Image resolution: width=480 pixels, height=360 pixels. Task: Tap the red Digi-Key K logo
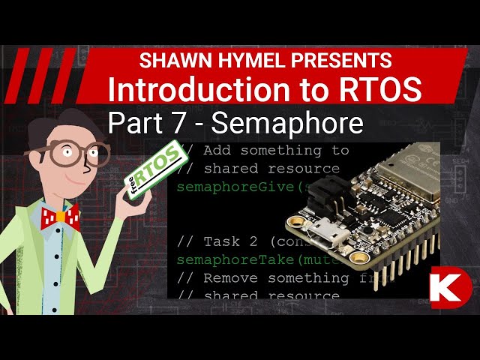(451, 287)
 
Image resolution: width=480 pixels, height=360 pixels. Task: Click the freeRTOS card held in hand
(154, 166)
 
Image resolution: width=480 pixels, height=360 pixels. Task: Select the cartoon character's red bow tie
(60, 218)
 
